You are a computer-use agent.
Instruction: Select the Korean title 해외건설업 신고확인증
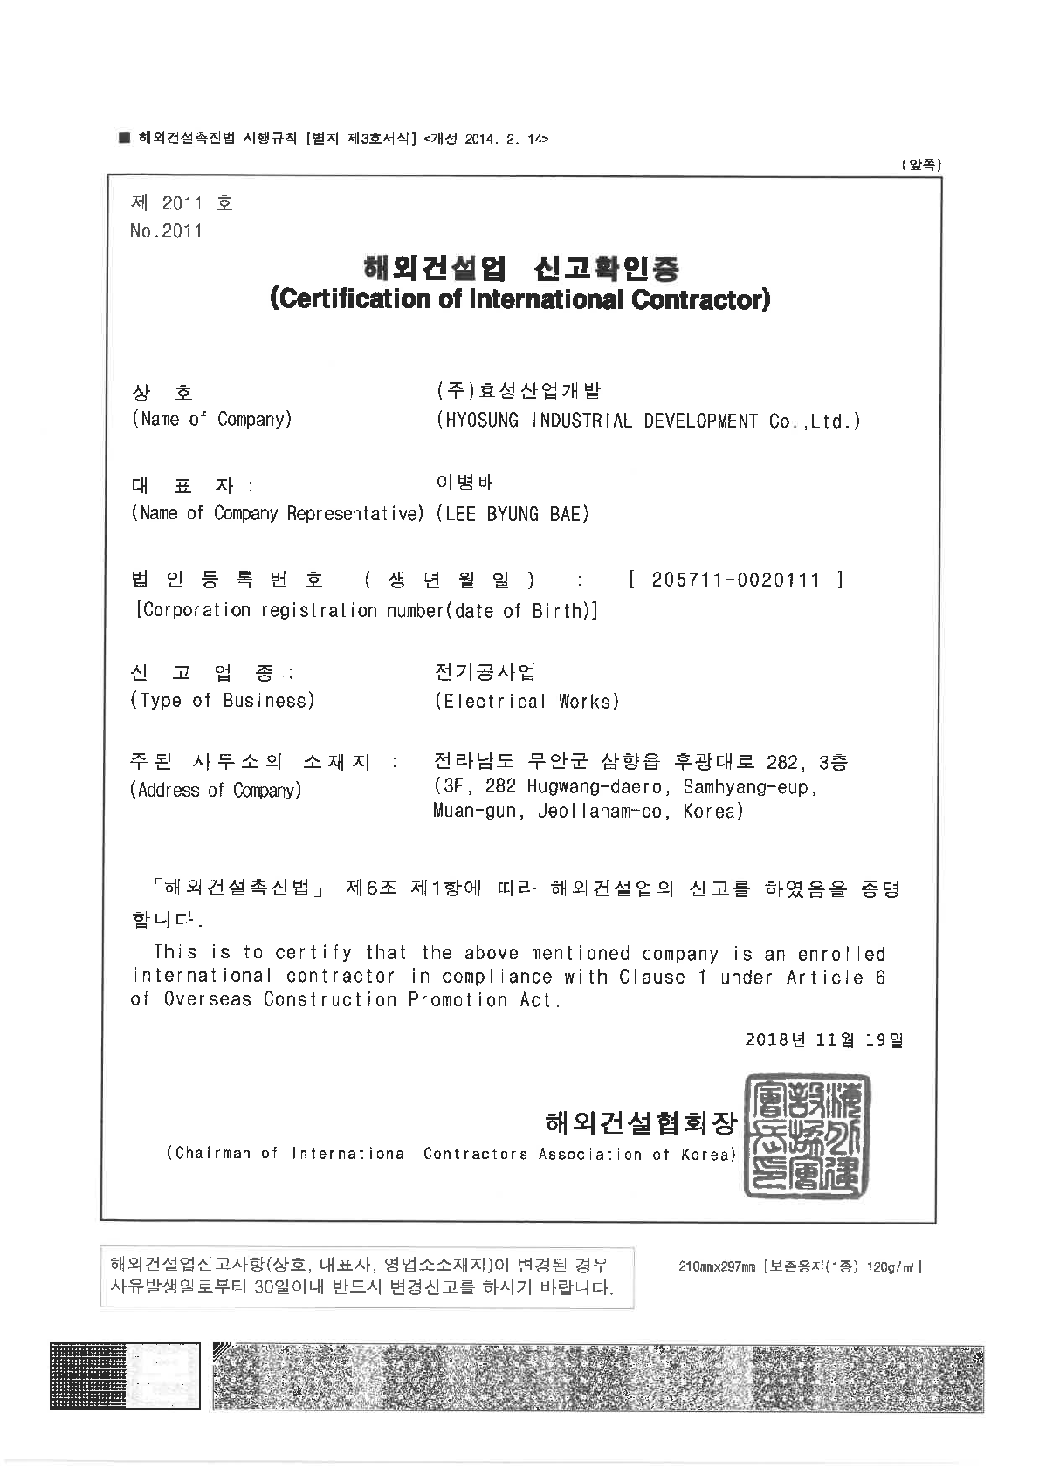coord(520,267)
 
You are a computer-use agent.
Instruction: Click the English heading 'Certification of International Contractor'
coord(520,299)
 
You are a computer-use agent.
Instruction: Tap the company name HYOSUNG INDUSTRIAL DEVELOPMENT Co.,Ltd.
coord(648,421)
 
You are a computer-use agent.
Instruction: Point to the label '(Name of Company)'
coord(212,420)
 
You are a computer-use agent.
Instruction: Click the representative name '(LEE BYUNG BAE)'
coord(512,514)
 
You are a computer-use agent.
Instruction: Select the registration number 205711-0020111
coord(735,580)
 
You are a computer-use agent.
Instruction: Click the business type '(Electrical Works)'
coord(526,702)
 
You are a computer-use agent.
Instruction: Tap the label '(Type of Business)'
coord(223,701)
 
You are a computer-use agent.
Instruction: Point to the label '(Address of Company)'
coord(217,791)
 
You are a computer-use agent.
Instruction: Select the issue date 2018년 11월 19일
coord(823,1039)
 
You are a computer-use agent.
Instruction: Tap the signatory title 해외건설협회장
coord(640,1122)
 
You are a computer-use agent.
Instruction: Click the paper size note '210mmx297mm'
coord(716,1266)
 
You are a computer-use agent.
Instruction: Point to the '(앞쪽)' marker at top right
coord(921,164)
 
